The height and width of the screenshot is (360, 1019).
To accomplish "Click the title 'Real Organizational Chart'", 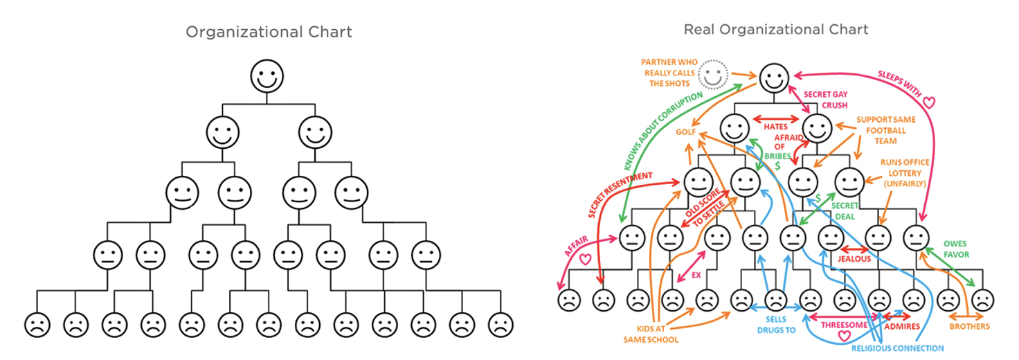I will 775,30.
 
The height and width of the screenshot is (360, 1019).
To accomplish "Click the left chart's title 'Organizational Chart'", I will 269,32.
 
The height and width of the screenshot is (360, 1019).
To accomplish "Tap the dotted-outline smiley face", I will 712,72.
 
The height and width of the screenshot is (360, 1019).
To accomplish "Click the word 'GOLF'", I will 686,132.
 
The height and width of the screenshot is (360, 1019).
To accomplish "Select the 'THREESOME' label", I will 844,323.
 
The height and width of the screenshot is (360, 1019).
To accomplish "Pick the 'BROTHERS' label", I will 969,326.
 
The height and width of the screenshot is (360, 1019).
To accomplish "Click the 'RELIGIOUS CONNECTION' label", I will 897,348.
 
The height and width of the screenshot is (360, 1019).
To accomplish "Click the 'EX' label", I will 696,274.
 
